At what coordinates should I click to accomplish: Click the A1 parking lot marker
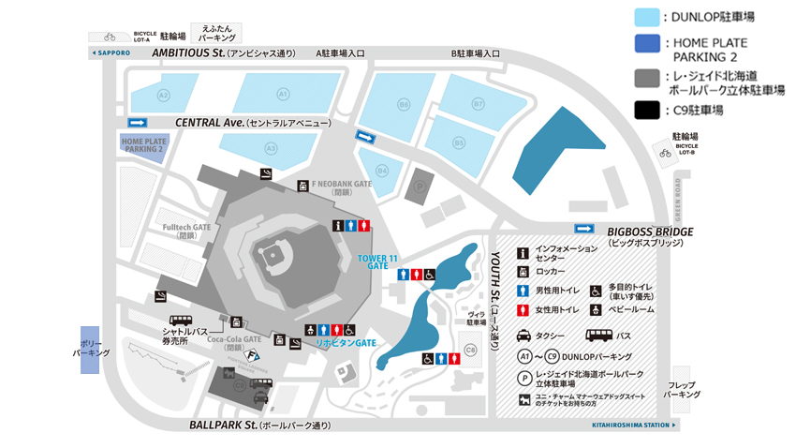coord(283,94)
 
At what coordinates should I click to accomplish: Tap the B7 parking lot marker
coord(478,104)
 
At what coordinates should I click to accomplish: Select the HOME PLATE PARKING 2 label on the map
coord(141,144)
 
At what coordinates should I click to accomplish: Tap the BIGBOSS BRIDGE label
coord(650,231)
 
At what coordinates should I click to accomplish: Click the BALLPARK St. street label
coord(222,425)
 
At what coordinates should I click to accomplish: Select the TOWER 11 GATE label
coord(377,261)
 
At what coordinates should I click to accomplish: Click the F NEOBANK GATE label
coord(343,186)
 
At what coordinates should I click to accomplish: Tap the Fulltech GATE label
coord(185,228)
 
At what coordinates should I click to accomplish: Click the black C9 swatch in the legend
coord(646,110)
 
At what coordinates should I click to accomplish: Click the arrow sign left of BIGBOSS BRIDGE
coord(584,228)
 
